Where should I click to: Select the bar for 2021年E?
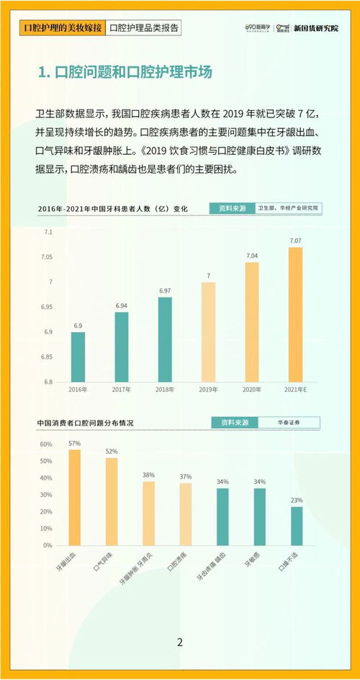[x=295, y=314]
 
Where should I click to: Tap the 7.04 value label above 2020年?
[x=252, y=256]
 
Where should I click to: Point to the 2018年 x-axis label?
[x=165, y=389]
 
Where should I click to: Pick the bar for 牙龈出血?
[x=75, y=497]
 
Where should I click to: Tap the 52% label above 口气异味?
[x=112, y=452]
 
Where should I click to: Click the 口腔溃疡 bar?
[x=186, y=514]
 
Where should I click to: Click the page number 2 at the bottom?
[x=180, y=643]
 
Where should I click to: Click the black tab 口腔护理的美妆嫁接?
[x=61, y=28]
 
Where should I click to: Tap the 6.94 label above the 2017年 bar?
[x=122, y=306]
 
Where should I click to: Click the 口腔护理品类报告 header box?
[x=143, y=28]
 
